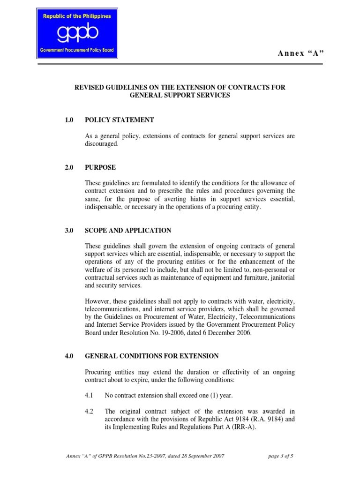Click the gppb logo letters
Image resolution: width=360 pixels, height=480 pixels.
[77, 34]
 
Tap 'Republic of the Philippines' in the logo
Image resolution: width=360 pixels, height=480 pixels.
[77, 16]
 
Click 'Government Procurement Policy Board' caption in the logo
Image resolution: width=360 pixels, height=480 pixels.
[77, 50]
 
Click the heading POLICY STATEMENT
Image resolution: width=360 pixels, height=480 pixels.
[120, 120]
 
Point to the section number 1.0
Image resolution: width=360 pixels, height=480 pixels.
[69, 120]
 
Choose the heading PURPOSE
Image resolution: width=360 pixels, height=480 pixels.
[100, 167]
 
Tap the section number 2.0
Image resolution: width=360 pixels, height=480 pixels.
[69, 167]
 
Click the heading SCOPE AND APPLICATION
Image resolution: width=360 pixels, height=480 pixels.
[128, 231]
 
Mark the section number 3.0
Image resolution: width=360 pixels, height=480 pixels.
[69, 231]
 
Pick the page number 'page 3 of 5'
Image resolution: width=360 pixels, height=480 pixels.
[280, 456]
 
